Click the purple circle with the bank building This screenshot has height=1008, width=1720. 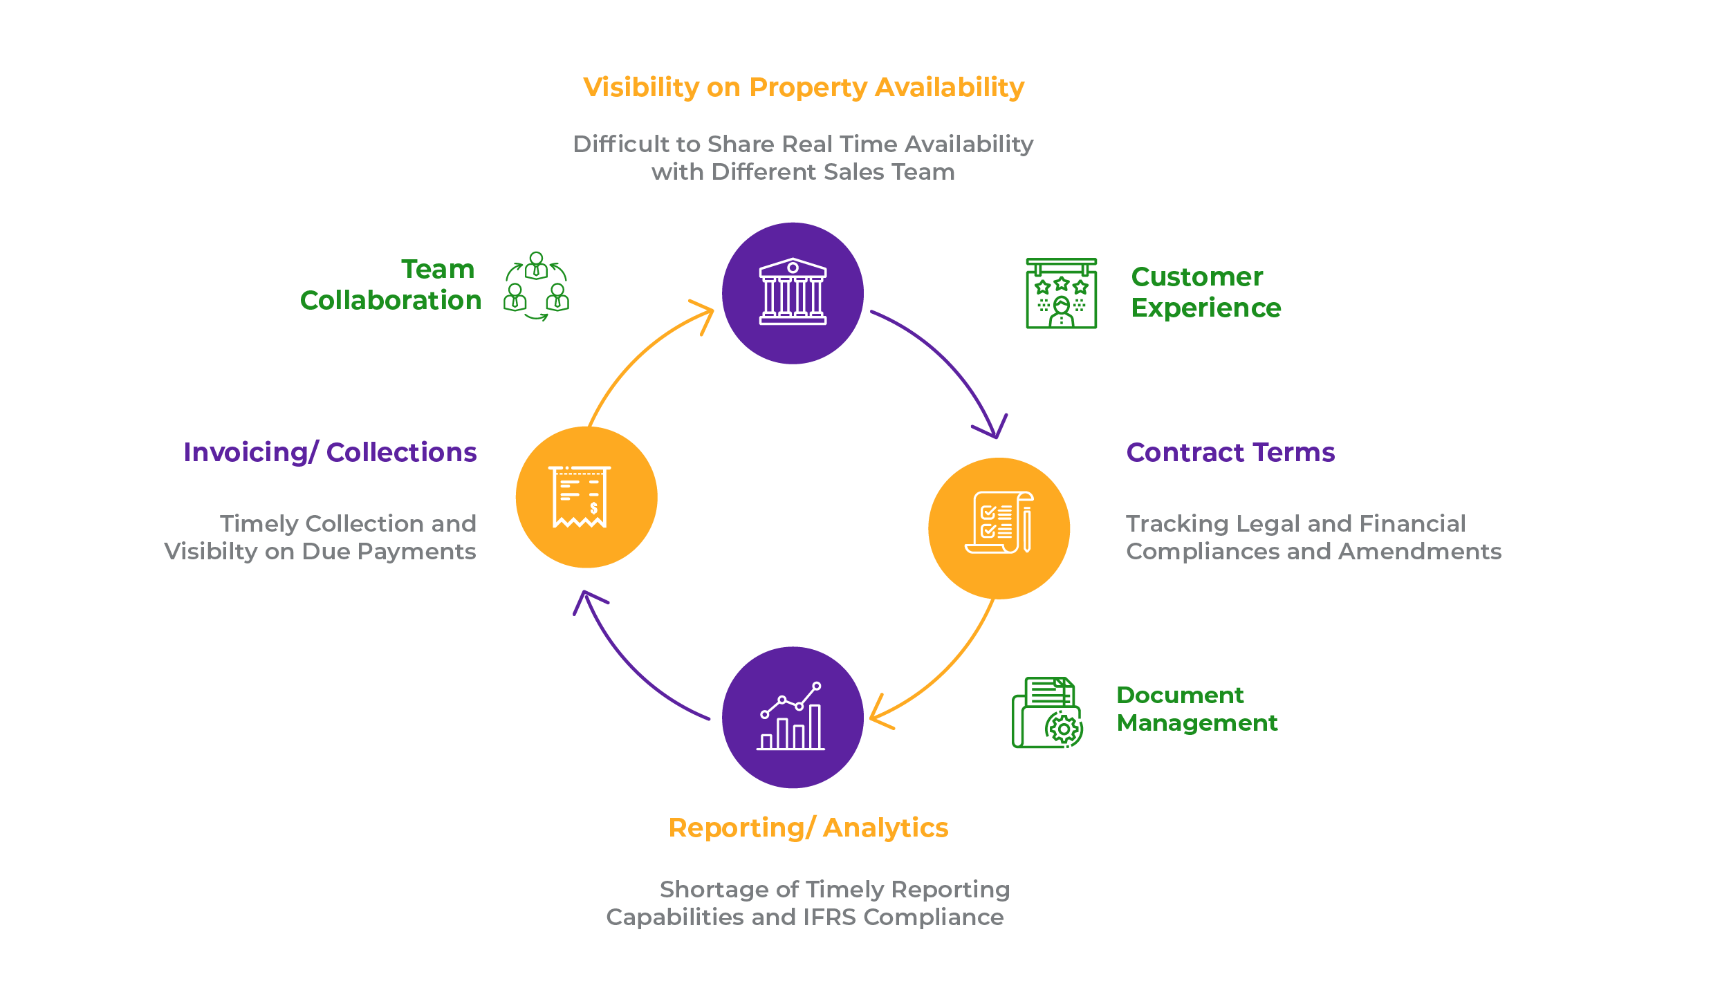[x=793, y=293]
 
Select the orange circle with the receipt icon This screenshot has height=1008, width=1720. [x=586, y=497]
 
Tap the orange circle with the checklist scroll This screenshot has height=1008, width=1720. [x=999, y=528]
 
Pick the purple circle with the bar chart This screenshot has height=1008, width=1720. [x=793, y=717]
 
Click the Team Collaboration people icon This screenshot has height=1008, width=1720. [x=537, y=286]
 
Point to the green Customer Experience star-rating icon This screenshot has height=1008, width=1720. [x=1061, y=293]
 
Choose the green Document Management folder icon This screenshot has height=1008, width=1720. [x=1047, y=712]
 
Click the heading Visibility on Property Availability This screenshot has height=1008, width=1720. [x=804, y=88]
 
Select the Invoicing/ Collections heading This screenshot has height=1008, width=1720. [x=330, y=452]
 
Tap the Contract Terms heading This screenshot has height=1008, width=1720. [x=1230, y=452]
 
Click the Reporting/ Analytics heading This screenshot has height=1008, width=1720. [x=808, y=828]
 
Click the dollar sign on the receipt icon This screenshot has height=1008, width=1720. [x=593, y=508]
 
